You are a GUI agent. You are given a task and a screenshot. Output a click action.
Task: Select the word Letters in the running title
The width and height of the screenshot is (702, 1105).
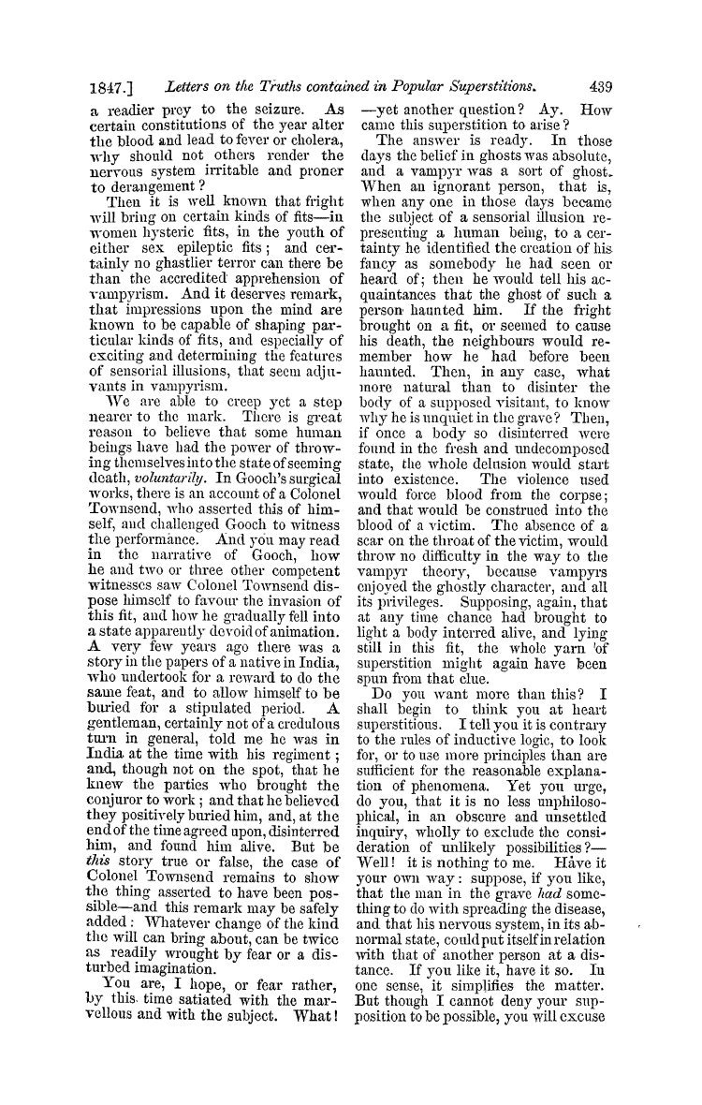[x=190, y=87]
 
